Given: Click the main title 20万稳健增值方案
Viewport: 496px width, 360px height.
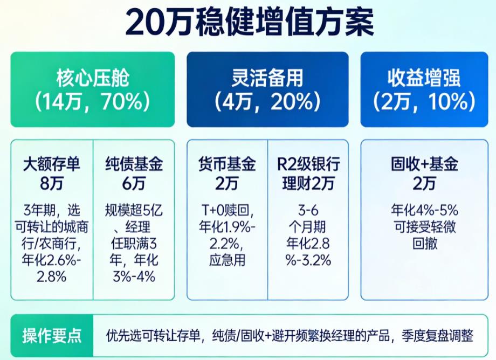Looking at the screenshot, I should pyautogui.click(x=249, y=22).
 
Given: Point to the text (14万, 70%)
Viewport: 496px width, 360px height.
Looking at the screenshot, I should pyautogui.click(x=93, y=101).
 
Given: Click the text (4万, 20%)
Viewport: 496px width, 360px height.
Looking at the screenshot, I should pyautogui.click(x=267, y=101).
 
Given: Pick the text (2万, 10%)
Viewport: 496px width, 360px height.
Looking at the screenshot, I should pyautogui.click(x=424, y=101).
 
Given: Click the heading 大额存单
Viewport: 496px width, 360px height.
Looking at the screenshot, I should pyautogui.click(x=52, y=163).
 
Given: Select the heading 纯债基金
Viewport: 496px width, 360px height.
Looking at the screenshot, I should pyautogui.click(x=134, y=163).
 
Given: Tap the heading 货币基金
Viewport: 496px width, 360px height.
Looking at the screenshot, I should pyautogui.click(x=227, y=163).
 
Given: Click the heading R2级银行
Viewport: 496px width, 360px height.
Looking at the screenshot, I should pyautogui.click(x=308, y=163).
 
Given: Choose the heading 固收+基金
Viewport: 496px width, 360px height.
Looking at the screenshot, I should pyautogui.click(x=424, y=163).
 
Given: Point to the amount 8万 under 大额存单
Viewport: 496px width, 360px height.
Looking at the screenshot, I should pyautogui.click(x=52, y=183).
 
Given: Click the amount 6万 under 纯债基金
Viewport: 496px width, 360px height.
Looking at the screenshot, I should pyautogui.click(x=134, y=183).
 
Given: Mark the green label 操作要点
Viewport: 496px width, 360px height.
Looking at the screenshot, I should pyautogui.click(x=52, y=336).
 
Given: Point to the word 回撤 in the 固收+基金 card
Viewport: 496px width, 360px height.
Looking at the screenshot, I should pyautogui.click(x=424, y=243).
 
